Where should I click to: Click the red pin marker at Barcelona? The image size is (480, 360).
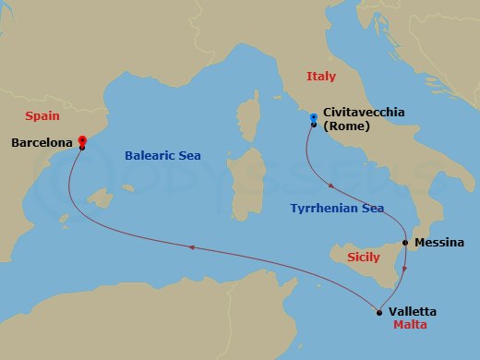click(x=82, y=140)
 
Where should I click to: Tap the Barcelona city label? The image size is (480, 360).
click(x=42, y=143)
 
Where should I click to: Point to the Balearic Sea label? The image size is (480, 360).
click(x=162, y=155)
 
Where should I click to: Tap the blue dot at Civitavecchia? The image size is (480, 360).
click(x=314, y=117)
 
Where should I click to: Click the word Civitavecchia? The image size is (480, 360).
click(x=365, y=112)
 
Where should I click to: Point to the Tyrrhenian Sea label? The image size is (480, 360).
click(x=337, y=209)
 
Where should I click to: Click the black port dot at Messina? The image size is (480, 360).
click(x=404, y=243)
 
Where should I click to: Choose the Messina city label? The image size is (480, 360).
click(x=439, y=243)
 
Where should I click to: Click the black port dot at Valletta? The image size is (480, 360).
click(x=379, y=312)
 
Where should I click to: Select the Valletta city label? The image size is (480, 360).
click(x=413, y=311)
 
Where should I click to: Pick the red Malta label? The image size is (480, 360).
click(x=408, y=326)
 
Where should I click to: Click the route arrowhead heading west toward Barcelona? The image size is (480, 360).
click(x=191, y=246)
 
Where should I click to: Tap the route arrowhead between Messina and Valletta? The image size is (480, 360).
click(x=404, y=267)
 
